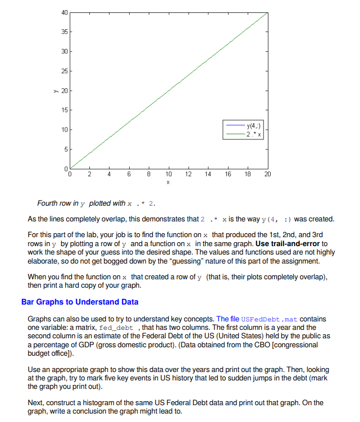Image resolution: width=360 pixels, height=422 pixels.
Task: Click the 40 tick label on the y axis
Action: [x=64, y=12]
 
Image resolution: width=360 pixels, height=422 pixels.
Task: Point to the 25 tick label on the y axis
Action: [x=64, y=71]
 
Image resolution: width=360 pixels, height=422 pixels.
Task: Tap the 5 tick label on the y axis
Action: [x=66, y=149]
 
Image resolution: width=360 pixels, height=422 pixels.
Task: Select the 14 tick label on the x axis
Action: [x=208, y=175]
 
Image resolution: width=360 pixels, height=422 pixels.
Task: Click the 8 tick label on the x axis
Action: [x=149, y=175]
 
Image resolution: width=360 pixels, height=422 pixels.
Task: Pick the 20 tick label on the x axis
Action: [x=267, y=175]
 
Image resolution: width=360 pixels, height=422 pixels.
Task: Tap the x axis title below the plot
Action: [x=168, y=183]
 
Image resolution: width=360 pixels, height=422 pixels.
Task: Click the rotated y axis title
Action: [x=56, y=90]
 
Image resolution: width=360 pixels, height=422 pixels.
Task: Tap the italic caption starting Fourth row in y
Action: [x=97, y=203]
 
